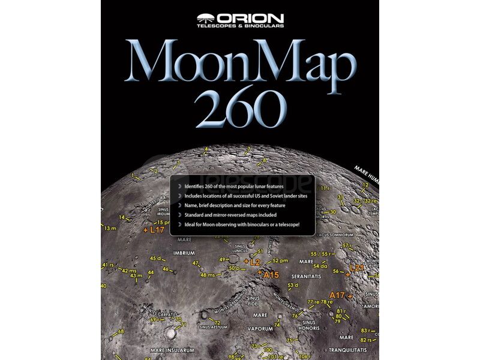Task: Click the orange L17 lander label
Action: [x=155, y=229]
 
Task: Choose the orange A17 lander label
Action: [x=337, y=295]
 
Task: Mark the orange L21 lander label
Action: [x=356, y=268]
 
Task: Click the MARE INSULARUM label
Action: [x=173, y=349]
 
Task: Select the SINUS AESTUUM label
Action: [x=213, y=327]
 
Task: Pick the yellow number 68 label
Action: [x=121, y=331]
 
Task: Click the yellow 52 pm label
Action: [x=280, y=261]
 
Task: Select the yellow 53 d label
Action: [x=293, y=285]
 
